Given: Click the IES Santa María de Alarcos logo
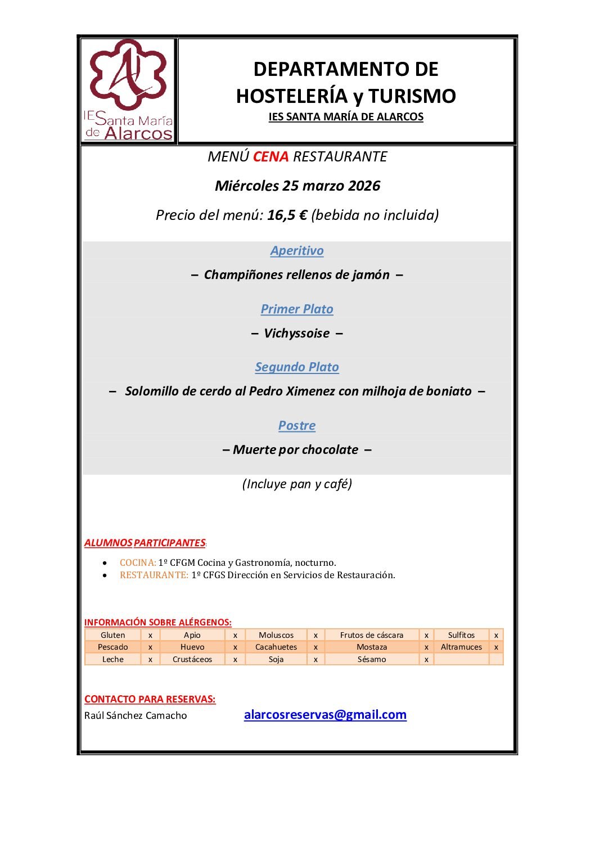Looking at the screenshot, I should [x=128, y=90].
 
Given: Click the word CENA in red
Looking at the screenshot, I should [x=271, y=156].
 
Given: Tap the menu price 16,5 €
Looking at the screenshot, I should [x=287, y=215].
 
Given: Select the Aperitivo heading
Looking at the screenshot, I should [x=297, y=251].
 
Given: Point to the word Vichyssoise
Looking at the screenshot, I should [x=297, y=334].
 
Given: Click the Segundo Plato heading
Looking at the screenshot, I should [x=297, y=367].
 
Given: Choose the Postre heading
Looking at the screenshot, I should [x=297, y=426].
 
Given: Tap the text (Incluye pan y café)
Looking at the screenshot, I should [x=297, y=484].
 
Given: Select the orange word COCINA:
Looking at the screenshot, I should [x=138, y=562].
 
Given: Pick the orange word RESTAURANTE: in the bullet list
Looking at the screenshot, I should [x=154, y=575].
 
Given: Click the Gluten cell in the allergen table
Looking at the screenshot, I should [x=113, y=635].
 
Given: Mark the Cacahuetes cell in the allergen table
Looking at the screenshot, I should [x=276, y=647].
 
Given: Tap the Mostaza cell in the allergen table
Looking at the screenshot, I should [x=372, y=647].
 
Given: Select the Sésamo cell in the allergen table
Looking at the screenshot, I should [x=372, y=659].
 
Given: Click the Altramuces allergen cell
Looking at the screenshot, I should [x=461, y=647].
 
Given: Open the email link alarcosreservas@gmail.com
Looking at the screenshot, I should [x=325, y=715].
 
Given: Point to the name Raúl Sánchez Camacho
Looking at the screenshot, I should [x=136, y=715].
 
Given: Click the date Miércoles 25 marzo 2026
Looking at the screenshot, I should [x=297, y=186].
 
